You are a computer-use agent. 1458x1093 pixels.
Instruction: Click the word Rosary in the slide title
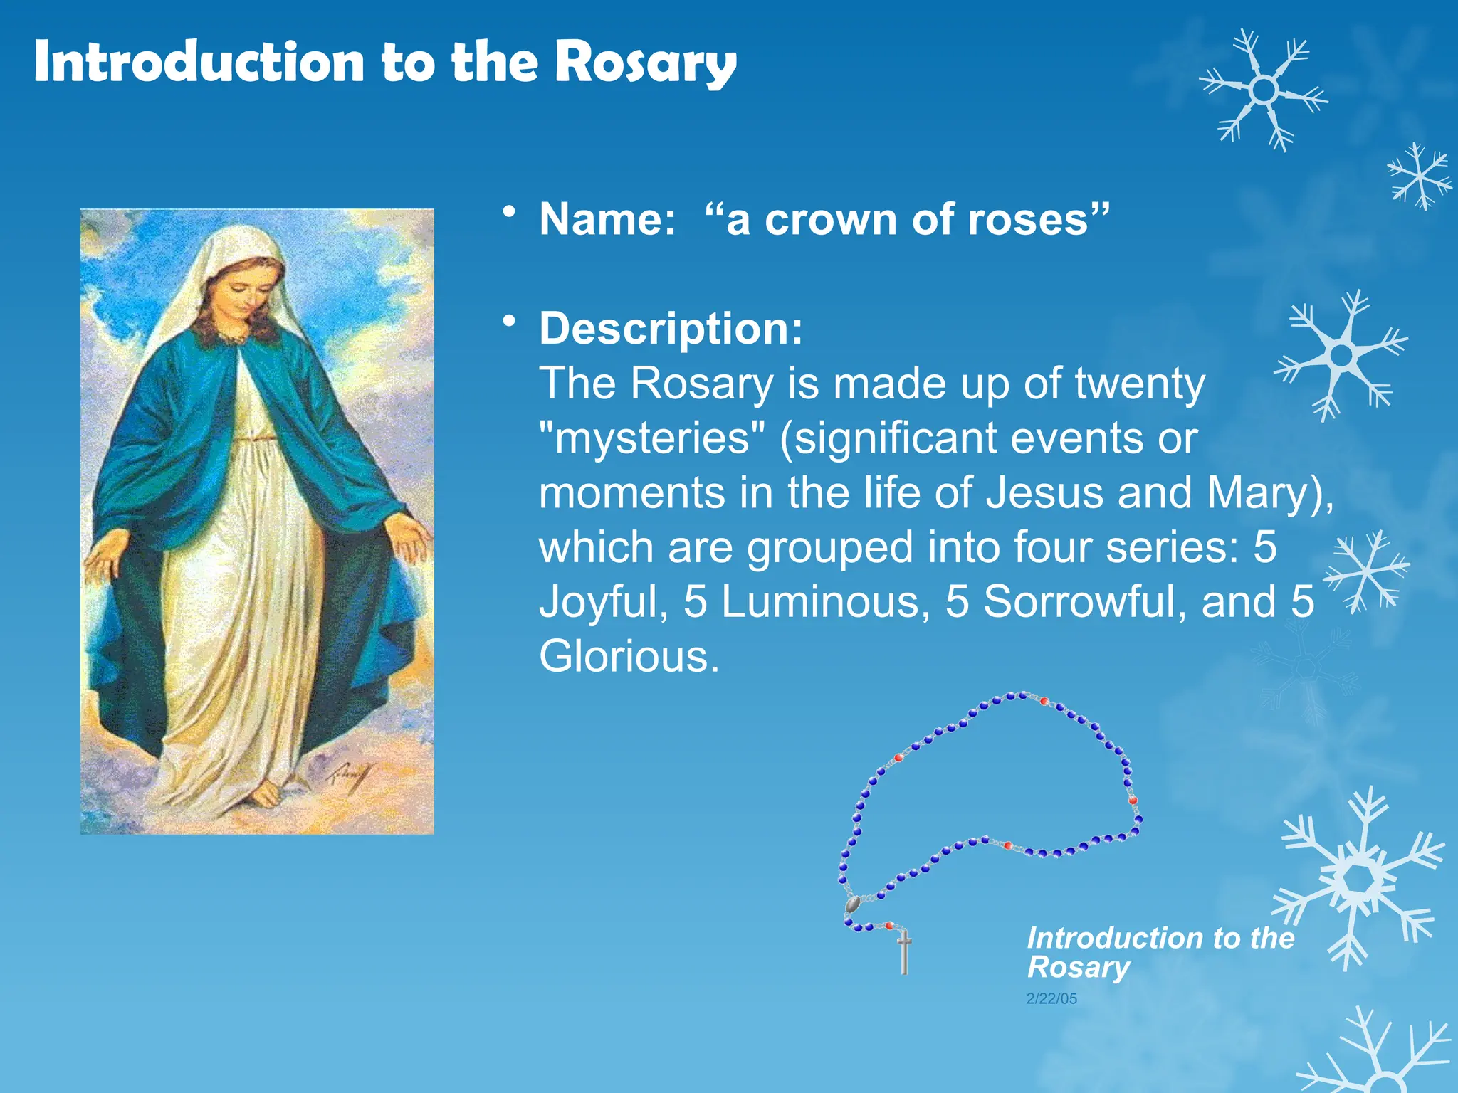[645, 63]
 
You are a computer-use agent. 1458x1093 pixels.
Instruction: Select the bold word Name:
[607, 219]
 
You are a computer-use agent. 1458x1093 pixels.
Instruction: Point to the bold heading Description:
[671, 329]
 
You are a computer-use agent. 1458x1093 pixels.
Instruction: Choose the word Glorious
[629, 656]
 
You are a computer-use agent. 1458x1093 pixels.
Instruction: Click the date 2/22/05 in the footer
[1051, 999]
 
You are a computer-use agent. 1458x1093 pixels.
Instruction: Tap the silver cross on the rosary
[904, 954]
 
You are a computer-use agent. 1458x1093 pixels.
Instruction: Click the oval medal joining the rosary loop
[852, 904]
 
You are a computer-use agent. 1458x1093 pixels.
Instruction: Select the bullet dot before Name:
[508, 211]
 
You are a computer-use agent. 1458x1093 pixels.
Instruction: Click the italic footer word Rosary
[1078, 968]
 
